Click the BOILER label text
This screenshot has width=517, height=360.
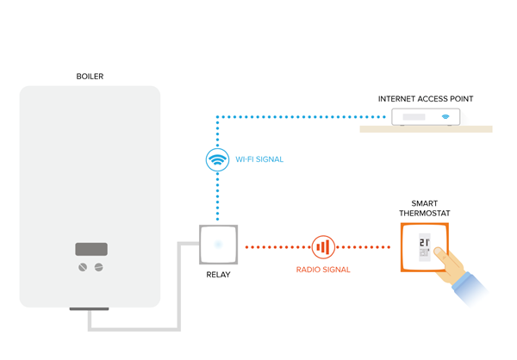pyautogui.click(x=90, y=77)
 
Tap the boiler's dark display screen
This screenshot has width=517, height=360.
pyautogui.click(x=90, y=249)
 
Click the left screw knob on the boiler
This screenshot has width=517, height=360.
pyautogui.click(x=83, y=267)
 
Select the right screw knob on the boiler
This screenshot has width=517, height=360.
pyautogui.click(x=98, y=267)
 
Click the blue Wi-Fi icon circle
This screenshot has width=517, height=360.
pyautogui.click(x=219, y=159)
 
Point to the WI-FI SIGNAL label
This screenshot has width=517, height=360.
pyautogui.click(x=259, y=160)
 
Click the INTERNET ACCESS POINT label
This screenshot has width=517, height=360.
pyautogui.click(x=426, y=99)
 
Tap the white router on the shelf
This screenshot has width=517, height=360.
pyautogui.click(x=426, y=116)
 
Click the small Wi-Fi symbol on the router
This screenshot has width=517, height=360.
pyautogui.click(x=445, y=116)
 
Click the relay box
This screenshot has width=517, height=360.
pyautogui.click(x=219, y=245)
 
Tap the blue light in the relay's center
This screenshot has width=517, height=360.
pyautogui.click(x=219, y=245)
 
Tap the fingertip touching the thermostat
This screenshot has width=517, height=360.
pyautogui.click(x=437, y=254)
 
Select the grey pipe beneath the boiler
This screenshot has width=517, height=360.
pyautogui.click(x=138, y=327)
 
